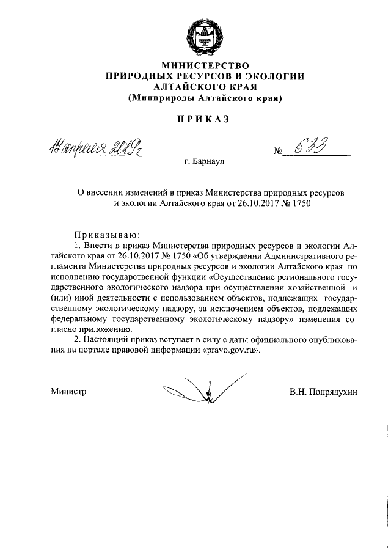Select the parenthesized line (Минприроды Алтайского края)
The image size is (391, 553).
click(205, 98)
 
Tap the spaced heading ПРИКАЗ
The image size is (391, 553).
click(205, 119)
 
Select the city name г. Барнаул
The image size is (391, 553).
click(205, 163)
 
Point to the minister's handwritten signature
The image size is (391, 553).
click(205, 389)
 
